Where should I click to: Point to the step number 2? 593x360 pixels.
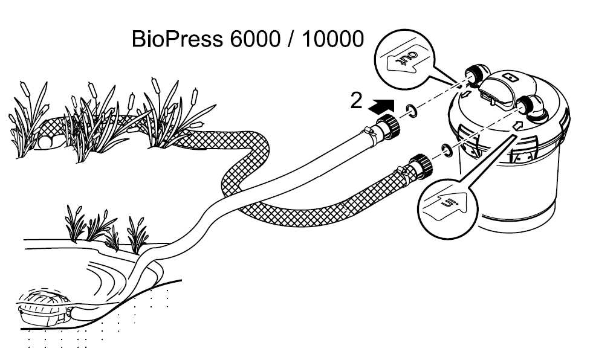(x=357, y=100)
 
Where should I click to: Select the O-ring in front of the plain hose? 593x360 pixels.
(x=412, y=111)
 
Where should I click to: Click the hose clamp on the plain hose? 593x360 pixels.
(x=368, y=129)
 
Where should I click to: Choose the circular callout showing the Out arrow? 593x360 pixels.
(x=403, y=56)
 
